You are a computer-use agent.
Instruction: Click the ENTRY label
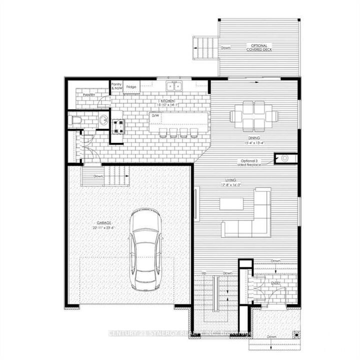pyautogui.click(x=276, y=283)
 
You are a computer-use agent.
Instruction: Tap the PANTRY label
pyautogui.click(x=89, y=95)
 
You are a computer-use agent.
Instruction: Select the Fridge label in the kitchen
pyautogui.click(x=131, y=87)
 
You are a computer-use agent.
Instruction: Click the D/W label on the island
pyautogui.click(x=155, y=116)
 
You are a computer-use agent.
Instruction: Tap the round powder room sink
pyautogui.click(x=103, y=120)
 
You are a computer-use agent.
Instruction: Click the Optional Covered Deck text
pyautogui.click(x=259, y=48)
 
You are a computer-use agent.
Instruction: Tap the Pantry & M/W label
pyautogui.click(x=116, y=86)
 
